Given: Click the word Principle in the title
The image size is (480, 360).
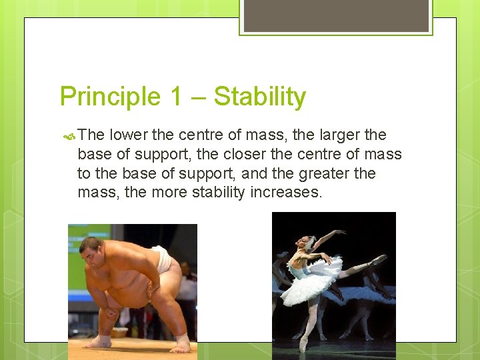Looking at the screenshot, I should pyautogui.click(x=110, y=97).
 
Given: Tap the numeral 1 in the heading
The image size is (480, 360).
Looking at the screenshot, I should pyautogui.click(x=175, y=97).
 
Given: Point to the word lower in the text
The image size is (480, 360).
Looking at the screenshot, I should pyautogui.click(x=129, y=135).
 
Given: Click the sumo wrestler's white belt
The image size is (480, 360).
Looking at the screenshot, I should pyautogui.click(x=161, y=259).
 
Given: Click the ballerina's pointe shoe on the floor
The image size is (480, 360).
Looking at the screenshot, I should pyautogui.click(x=303, y=345).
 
